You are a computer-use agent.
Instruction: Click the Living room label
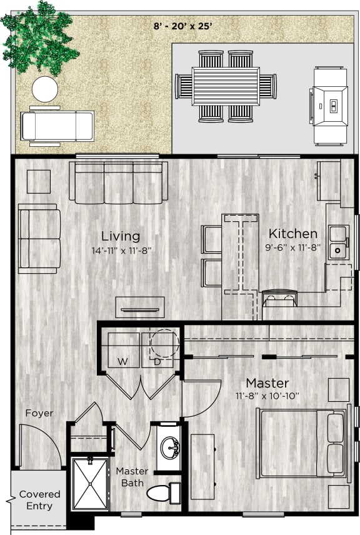point(121,236)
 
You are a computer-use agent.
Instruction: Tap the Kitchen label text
point(292,234)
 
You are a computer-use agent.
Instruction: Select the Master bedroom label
point(267,382)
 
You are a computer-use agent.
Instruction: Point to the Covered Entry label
point(39,500)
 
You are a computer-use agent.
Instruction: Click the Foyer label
point(39,413)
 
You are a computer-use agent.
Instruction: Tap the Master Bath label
point(132,477)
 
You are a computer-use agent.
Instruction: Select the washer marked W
point(122,351)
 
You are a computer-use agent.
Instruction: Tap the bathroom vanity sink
point(168,447)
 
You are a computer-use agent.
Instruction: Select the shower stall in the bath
point(90,484)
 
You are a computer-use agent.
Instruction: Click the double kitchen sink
point(339,242)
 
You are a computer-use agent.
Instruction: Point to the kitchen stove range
point(280,299)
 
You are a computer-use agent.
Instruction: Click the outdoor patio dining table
point(225,86)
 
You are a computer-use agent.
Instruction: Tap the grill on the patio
point(330,106)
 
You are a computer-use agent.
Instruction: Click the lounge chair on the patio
point(57,126)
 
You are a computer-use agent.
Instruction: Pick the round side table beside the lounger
point(45,89)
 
